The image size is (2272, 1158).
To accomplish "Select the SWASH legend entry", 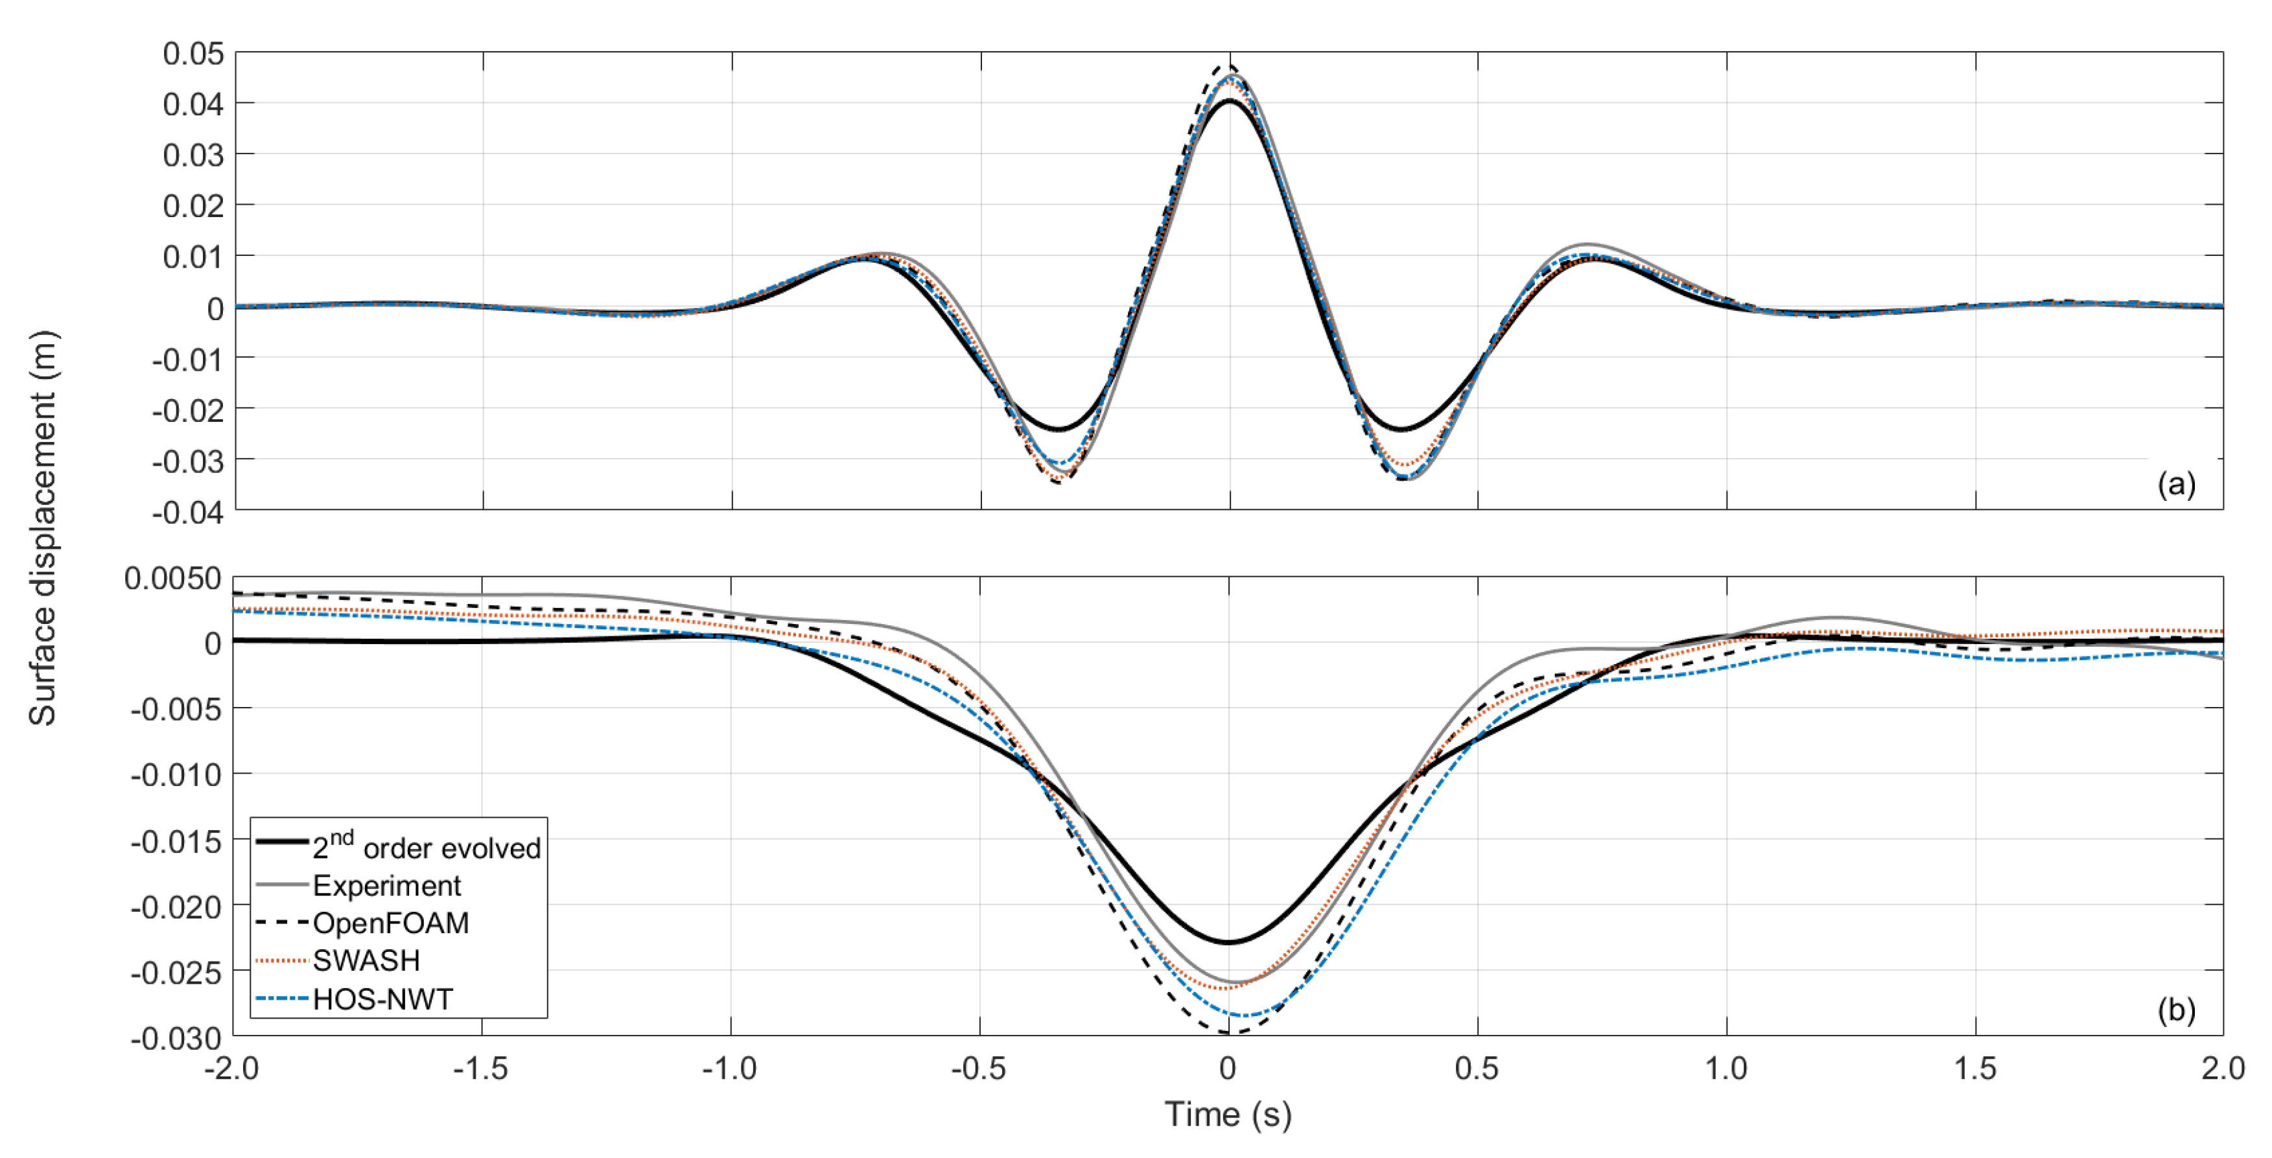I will pos(366,960).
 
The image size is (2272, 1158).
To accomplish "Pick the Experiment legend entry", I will pos(386,885).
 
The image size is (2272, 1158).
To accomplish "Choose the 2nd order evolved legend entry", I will pos(426,847).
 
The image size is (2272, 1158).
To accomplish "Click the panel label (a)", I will pos(2176,484).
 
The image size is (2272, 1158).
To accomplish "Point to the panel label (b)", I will pos(2176,1010).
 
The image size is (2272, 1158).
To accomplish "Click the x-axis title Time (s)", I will pos(1228,1115).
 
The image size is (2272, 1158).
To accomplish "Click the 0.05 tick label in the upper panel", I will pos(193,54).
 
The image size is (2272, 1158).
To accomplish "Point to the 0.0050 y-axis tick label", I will pos(173,579).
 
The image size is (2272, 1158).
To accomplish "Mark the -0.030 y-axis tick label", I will pos(176,1039).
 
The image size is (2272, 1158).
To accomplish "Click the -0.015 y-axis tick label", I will pos(176,841).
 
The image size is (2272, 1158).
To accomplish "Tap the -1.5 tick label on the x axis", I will pos(481,1069).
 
